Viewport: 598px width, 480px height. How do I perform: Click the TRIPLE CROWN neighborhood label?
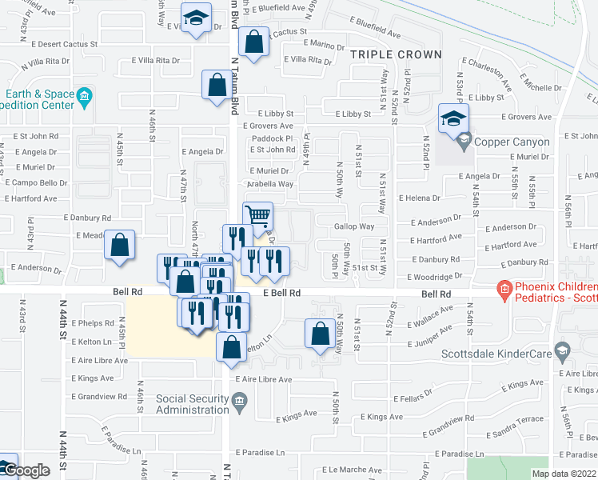(395, 54)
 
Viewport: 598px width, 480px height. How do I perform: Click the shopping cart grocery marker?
(257, 215)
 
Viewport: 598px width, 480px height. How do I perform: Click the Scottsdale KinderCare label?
(508, 354)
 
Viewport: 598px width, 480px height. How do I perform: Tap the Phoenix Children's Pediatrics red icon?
(504, 288)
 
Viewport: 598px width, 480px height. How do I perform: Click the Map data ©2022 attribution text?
(563, 474)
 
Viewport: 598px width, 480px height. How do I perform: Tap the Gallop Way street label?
(354, 227)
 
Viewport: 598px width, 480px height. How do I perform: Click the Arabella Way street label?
(270, 184)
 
